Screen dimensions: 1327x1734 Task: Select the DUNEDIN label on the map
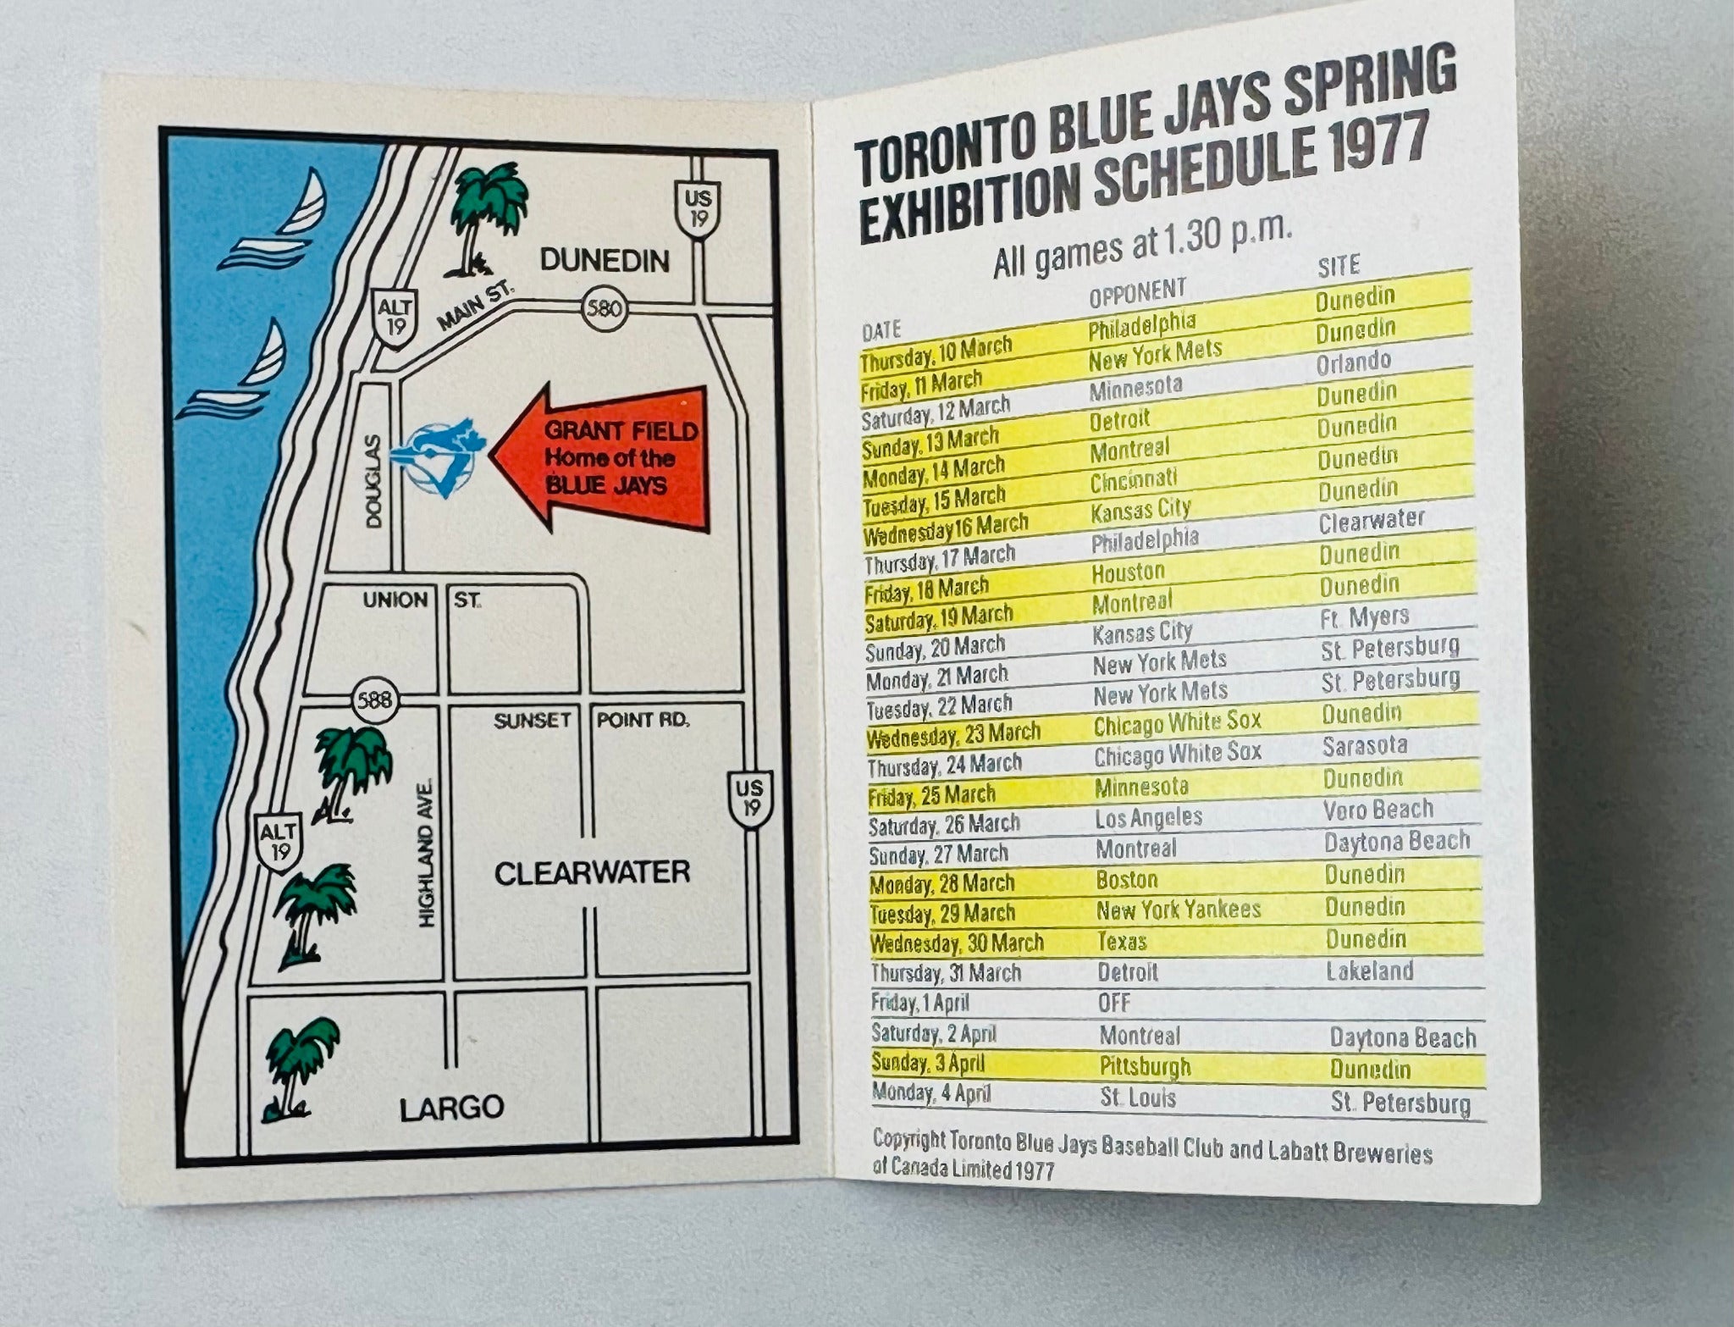click(x=605, y=260)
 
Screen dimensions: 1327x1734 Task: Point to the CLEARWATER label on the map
click(x=592, y=873)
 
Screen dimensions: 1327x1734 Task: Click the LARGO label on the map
click(x=451, y=1107)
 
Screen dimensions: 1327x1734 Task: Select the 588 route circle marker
click(x=374, y=699)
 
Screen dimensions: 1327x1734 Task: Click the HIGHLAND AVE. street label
click(x=427, y=854)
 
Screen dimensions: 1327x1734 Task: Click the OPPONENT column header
click(x=1137, y=293)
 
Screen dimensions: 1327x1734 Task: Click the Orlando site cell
click(x=1353, y=362)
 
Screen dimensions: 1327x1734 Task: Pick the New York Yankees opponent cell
click(x=1178, y=910)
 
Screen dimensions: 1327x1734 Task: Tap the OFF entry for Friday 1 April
click(x=1113, y=1003)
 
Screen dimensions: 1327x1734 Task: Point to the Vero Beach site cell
click(x=1378, y=810)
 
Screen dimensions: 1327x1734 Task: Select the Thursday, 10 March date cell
click(x=936, y=353)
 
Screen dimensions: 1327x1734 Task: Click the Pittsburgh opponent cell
click(x=1145, y=1066)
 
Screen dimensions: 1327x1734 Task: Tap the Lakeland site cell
click(x=1369, y=970)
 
